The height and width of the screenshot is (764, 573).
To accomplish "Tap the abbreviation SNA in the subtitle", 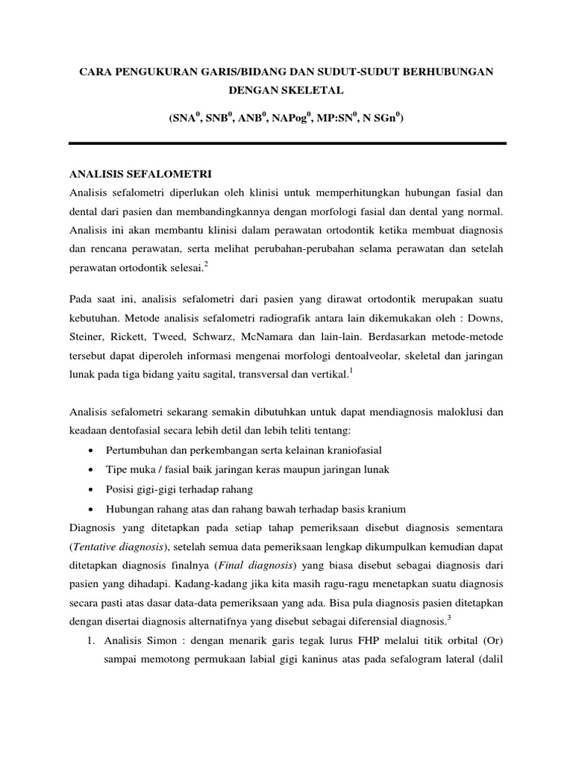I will pyautogui.click(x=183, y=117).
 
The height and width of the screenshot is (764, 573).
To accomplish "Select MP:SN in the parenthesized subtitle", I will pyautogui.click(x=337, y=117).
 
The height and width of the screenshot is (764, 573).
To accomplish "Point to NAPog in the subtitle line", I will pyautogui.click(x=287, y=117).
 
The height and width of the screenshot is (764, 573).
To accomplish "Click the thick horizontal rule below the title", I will pyautogui.click(x=287, y=143).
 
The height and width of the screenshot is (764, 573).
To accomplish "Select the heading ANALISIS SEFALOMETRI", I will pyautogui.click(x=140, y=175).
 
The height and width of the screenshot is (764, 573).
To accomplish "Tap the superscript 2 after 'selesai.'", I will pyautogui.click(x=205, y=263).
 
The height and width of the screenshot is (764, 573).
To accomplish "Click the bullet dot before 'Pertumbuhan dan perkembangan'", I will pyautogui.click(x=90, y=451).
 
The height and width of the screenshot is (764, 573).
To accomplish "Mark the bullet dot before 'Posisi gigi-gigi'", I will pyautogui.click(x=90, y=490).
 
